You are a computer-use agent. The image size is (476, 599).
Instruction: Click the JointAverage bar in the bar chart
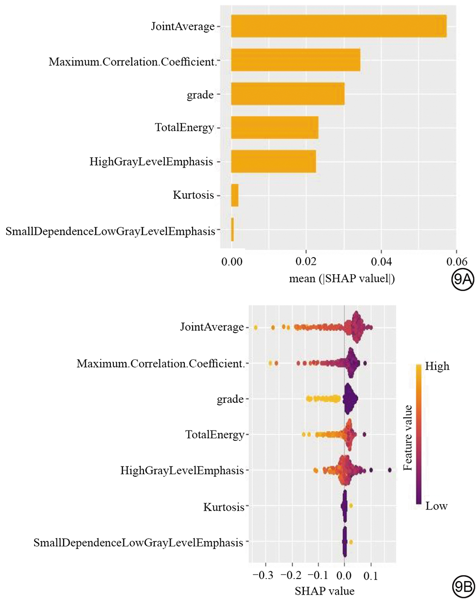coord(338,26)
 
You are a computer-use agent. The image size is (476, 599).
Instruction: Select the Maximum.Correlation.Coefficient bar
coord(295,60)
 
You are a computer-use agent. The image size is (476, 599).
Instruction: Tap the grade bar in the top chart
coord(287,94)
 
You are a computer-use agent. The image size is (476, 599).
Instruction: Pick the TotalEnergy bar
coord(274,128)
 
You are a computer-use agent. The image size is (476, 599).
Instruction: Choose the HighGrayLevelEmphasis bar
coord(273,161)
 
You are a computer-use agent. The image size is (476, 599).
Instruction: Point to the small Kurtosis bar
coord(234,195)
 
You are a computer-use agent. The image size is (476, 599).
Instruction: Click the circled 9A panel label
coord(461,281)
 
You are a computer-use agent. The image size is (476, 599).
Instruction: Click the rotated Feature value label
coord(408,436)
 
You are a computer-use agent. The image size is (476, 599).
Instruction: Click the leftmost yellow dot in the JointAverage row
coord(255,328)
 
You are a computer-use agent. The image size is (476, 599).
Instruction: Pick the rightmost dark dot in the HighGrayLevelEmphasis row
coord(389,470)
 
